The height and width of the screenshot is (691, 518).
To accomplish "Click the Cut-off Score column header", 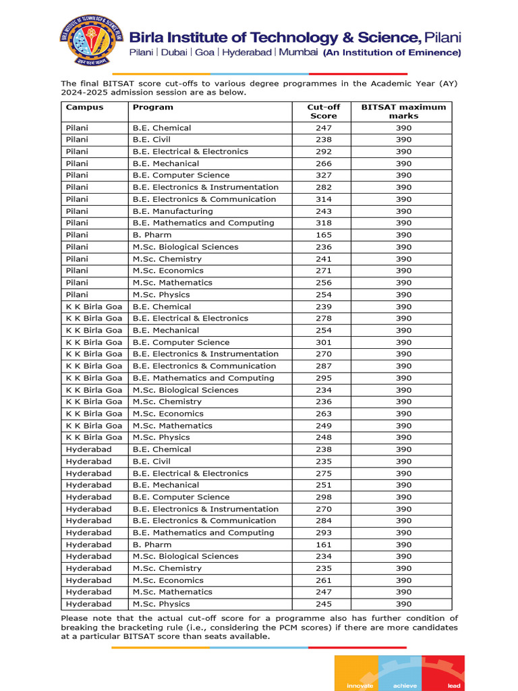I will pyautogui.click(x=323, y=111).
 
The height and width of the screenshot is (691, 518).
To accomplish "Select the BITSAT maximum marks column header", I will pyautogui.click(x=403, y=111).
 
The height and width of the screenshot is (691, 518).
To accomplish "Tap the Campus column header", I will pyautogui.click(x=84, y=107).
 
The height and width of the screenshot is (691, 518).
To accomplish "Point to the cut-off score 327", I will pyautogui.click(x=324, y=175).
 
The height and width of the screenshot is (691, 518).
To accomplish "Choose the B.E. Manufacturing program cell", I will pyautogui.click(x=173, y=211).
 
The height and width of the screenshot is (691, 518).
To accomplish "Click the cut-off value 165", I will pyautogui.click(x=324, y=235).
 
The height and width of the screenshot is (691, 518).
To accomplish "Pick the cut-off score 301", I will pyautogui.click(x=324, y=342).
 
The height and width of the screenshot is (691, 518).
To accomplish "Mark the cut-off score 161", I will pyautogui.click(x=324, y=545).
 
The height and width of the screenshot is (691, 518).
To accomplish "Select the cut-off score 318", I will pyautogui.click(x=324, y=223).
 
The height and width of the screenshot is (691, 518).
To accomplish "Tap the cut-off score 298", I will pyautogui.click(x=324, y=497).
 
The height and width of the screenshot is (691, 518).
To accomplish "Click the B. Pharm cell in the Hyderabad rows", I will pyautogui.click(x=152, y=545).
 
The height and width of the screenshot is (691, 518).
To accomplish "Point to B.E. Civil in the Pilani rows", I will pyautogui.click(x=152, y=140).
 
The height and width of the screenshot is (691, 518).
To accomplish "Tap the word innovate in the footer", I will pyautogui.click(x=359, y=686).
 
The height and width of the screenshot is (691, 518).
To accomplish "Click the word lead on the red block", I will pyautogui.click(x=454, y=686).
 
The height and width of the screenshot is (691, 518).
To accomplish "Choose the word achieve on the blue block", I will pyautogui.click(x=405, y=686).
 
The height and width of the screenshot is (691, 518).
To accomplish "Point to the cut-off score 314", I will pyautogui.click(x=324, y=199).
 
